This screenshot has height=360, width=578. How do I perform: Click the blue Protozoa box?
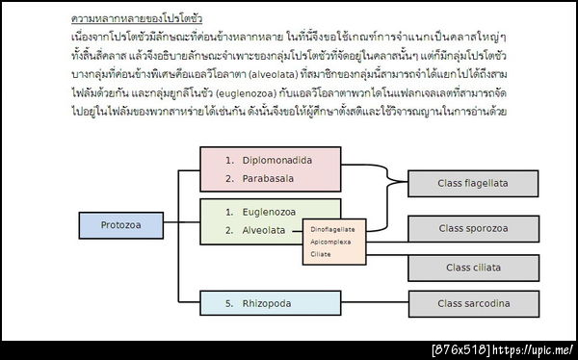click(x=120, y=224)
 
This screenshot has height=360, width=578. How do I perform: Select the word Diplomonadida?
click(x=277, y=160)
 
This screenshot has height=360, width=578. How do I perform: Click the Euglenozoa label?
click(x=270, y=211)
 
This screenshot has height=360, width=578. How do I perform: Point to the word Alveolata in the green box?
click(x=263, y=230)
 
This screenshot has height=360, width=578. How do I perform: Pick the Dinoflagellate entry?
click(x=333, y=229)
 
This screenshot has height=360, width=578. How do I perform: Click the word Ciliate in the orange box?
click(x=322, y=254)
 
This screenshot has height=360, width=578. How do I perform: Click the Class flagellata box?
click(x=473, y=182)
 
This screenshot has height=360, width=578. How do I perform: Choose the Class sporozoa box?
click(x=473, y=228)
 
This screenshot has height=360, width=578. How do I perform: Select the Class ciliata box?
click(x=473, y=267)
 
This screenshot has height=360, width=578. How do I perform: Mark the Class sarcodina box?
click(x=473, y=303)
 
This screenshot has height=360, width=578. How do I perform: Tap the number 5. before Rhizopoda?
click(x=229, y=303)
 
